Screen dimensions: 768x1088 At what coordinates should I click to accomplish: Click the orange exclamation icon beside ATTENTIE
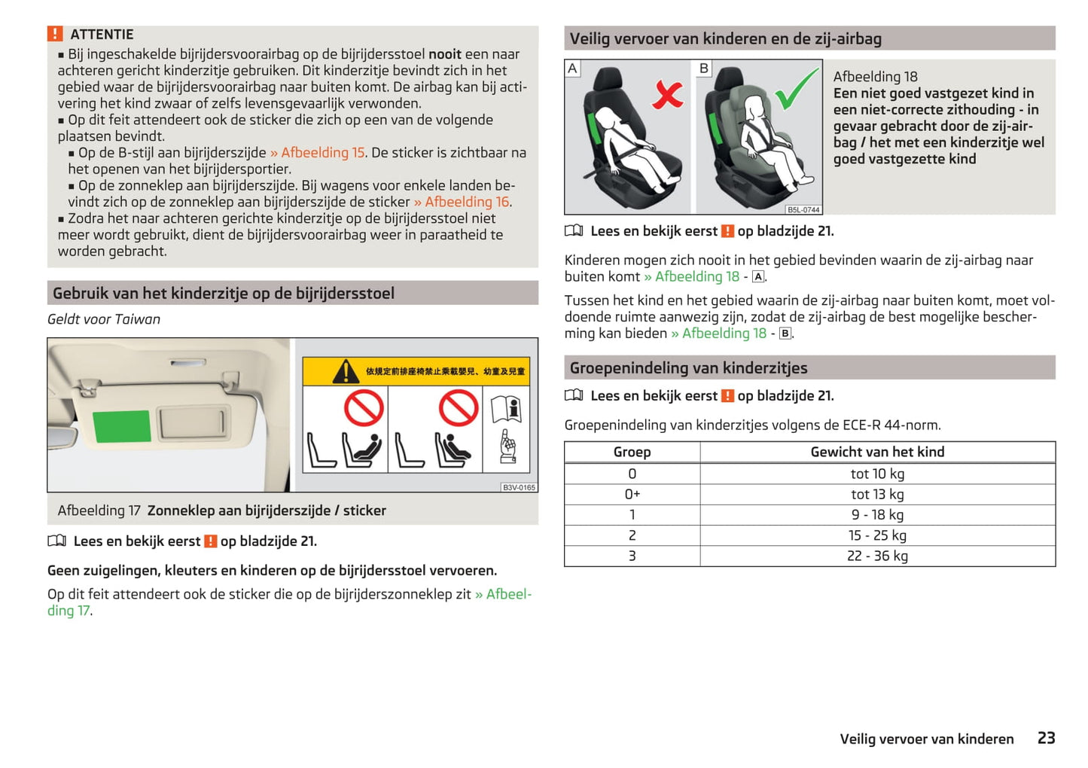[55, 34]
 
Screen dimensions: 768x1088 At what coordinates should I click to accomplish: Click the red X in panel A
[667, 95]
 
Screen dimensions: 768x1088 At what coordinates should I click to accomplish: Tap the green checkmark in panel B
[796, 88]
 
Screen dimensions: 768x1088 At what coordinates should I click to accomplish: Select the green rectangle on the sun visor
[121, 426]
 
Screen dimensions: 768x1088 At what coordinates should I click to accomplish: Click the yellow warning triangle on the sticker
[346, 371]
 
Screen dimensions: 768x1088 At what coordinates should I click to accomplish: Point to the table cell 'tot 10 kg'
[877, 474]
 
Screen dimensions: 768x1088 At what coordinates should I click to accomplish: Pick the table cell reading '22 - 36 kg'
[877, 556]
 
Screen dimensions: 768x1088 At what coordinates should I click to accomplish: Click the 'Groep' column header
[632, 452]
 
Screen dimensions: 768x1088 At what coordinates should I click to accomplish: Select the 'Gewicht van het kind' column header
[877, 452]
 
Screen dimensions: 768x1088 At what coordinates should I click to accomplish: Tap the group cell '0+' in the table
[632, 494]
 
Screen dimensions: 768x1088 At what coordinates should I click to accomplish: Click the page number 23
[1046, 738]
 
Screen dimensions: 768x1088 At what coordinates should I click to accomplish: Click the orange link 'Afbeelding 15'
[322, 153]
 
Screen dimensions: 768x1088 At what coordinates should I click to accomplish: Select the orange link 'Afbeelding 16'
[467, 202]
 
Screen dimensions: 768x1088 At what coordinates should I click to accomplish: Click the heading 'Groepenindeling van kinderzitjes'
[688, 367]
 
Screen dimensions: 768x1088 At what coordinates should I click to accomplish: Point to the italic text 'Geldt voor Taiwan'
[104, 319]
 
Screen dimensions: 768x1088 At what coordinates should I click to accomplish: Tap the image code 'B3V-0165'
[519, 487]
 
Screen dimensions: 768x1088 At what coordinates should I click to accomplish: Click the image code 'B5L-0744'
[803, 209]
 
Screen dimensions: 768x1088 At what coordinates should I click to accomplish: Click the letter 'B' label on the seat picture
[704, 69]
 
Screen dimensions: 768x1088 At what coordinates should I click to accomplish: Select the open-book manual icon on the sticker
[506, 410]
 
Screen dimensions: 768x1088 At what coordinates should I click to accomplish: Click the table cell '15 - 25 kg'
[877, 535]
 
